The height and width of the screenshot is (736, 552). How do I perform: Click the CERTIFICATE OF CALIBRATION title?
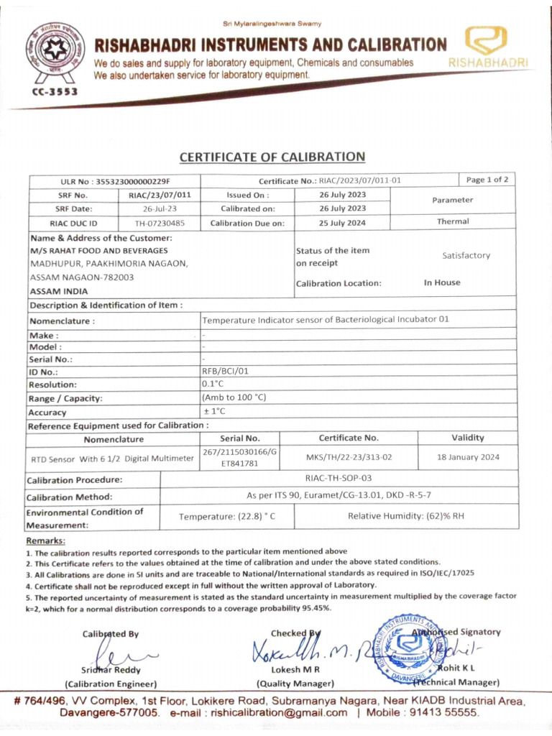(272, 157)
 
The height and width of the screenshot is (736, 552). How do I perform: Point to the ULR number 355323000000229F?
(138, 181)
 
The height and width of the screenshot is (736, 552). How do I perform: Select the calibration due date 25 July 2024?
(342, 223)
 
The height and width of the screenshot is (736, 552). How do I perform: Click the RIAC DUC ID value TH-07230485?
(160, 223)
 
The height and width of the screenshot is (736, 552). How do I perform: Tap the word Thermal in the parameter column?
(452, 221)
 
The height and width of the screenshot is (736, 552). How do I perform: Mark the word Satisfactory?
(466, 255)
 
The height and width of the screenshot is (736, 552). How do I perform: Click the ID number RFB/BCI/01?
(225, 372)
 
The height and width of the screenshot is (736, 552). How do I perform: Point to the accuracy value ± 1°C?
(214, 411)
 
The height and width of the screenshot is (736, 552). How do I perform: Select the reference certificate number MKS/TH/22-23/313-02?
(349, 456)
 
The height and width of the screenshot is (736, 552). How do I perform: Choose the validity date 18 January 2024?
(468, 456)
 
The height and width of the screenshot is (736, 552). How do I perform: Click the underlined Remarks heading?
(45, 540)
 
